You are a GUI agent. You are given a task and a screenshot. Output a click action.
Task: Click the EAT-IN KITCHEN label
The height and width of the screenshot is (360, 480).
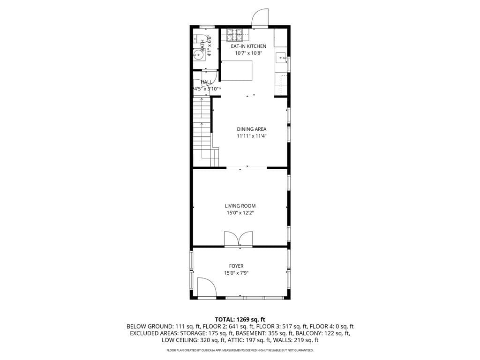pyautogui.click(x=248, y=46)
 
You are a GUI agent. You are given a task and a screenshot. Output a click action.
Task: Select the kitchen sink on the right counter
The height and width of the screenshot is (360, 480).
pyautogui.click(x=281, y=58)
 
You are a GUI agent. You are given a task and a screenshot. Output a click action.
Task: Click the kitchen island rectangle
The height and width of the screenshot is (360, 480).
pyautogui.click(x=237, y=71)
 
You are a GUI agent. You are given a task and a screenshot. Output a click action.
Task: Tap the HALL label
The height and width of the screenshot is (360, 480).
pyautogui.click(x=206, y=82)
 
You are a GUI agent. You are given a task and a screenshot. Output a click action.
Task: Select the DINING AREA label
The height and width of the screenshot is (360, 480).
pyautogui.click(x=252, y=129)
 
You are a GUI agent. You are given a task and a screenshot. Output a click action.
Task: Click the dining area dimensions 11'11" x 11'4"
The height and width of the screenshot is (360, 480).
pyautogui.click(x=252, y=136)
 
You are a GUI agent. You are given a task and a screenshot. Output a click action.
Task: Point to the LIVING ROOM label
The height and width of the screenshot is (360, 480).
pyautogui.click(x=240, y=206)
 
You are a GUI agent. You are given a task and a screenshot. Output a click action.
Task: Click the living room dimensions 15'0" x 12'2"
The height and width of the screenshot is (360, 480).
pyautogui.click(x=240, y=213)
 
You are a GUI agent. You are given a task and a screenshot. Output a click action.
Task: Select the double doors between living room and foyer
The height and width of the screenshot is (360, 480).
pyautogui.click(x=239, y=239)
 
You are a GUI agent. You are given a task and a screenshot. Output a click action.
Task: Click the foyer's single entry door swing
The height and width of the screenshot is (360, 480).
pyautogui.click(x=206, y=287)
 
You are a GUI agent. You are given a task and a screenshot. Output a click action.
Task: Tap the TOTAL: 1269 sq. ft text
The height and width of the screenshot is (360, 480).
pyautogui.click(x=240, y=319)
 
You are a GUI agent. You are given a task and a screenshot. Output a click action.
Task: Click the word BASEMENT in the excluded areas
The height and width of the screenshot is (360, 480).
pyautogui.click(x=266, y=333)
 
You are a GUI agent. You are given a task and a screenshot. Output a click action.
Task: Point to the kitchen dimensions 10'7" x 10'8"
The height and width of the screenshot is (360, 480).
pyautogui.click(x=248, y=53)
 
